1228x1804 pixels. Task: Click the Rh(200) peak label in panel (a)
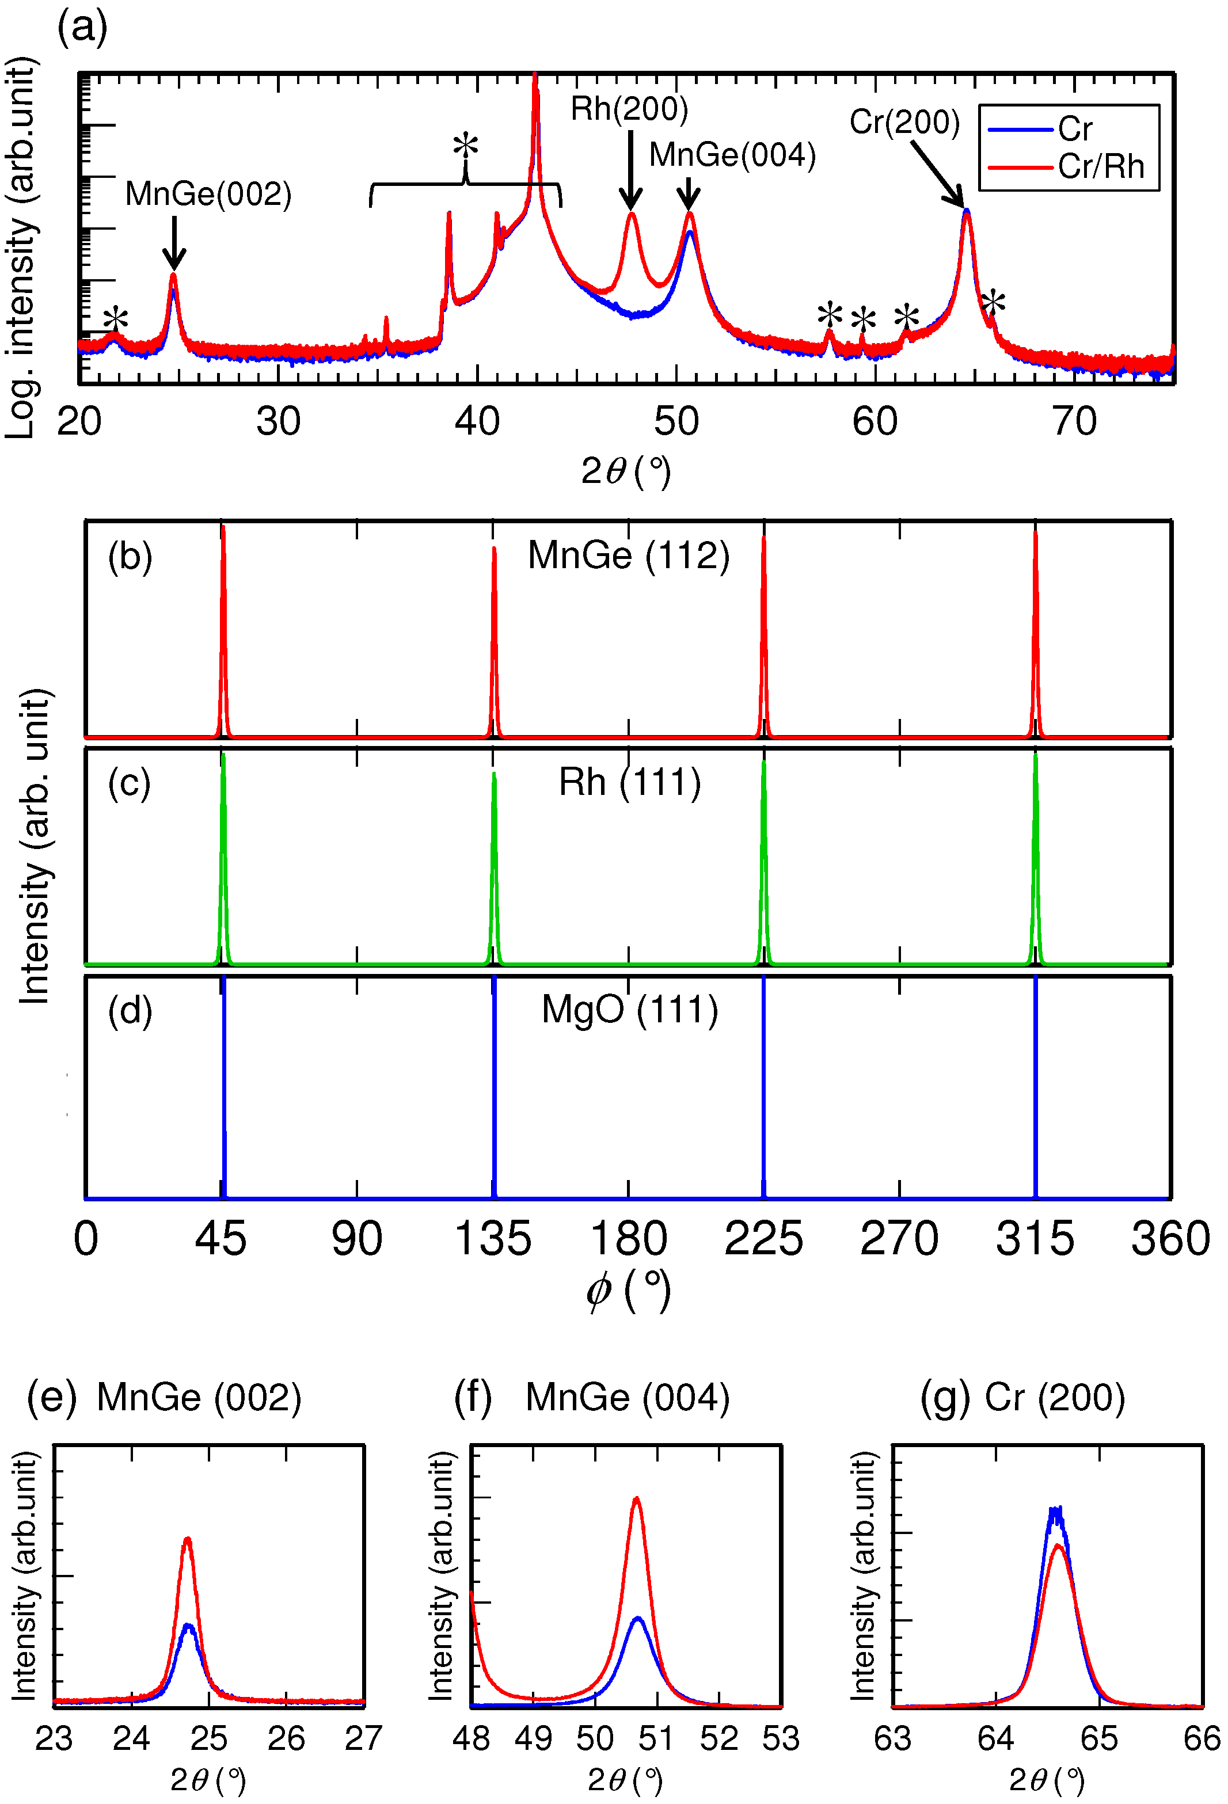click(629, 109)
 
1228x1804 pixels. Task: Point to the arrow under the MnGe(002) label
click(174, 242)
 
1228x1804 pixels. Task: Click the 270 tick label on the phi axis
click(899, 1239)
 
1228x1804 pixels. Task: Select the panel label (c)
click(129, 783)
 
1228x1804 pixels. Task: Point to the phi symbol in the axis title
click(599, 1291)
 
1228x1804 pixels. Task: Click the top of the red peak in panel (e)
click(187, 1539)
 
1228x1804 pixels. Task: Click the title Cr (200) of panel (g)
click(1054, 1398)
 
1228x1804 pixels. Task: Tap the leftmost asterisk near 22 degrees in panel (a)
click(116, 319)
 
